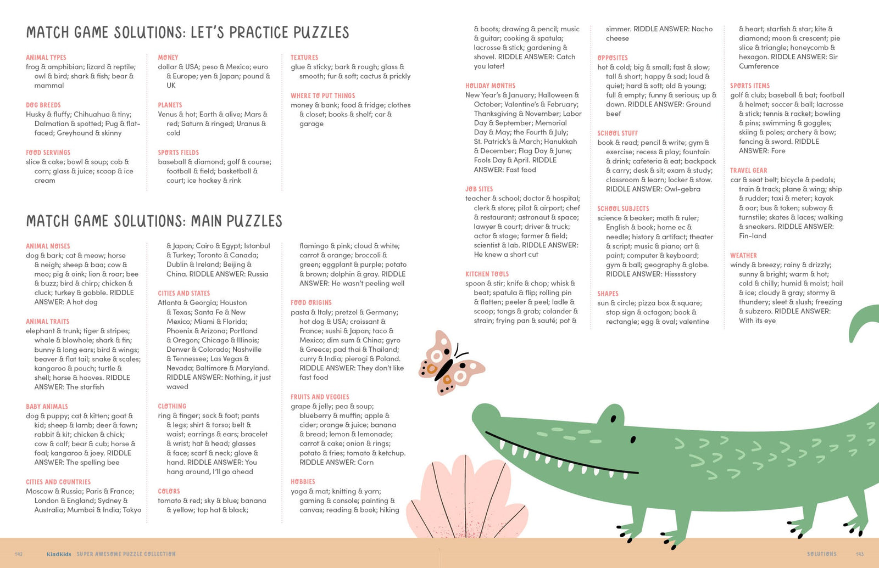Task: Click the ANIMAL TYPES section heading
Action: click(46, 58)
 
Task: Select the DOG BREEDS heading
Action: click(43, 105)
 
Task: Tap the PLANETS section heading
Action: click(170, 105)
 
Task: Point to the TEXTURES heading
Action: click(304, 58)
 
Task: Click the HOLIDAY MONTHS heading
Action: click(490, 86)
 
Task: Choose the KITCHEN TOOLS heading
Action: click(487, 274)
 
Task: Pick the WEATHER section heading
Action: click(743, 256)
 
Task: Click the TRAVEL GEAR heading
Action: click(748, 171)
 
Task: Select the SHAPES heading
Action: click(608, 294)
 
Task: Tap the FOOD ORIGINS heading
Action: click(311, 303)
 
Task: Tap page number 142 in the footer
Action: click(19, 554)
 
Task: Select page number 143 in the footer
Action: click(860, 554)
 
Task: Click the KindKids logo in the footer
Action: click(59, 554)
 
